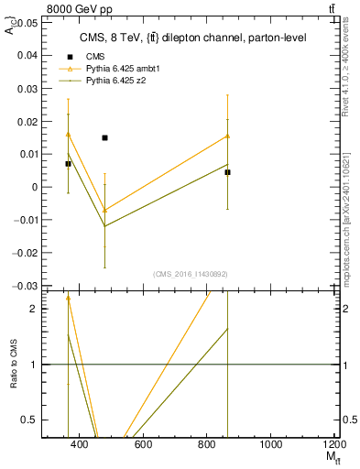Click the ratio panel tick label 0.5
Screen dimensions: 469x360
tap(28, 420)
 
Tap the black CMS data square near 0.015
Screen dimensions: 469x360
tap(104, 137)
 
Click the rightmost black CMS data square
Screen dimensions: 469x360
tap(227, 172)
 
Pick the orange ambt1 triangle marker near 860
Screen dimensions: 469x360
tap(227, 136)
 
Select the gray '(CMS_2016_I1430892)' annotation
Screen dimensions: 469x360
tap(190, 274)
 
